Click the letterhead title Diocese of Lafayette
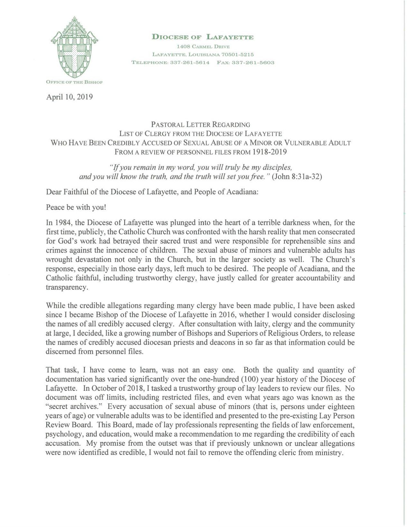203,37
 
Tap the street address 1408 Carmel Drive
203,47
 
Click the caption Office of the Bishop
74,82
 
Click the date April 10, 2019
69,97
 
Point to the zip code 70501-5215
236,54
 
